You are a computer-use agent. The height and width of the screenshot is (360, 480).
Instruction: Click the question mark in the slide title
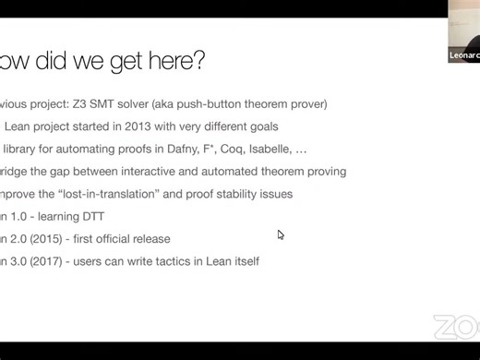198,62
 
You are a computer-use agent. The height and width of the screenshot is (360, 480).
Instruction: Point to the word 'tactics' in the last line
180,261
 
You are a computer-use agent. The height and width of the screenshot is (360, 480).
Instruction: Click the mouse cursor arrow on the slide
281,234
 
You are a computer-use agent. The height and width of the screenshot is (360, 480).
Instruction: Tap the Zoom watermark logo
456,328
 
